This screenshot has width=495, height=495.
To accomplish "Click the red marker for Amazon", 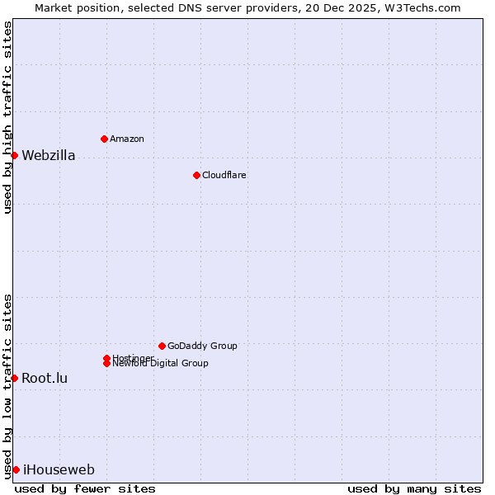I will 104,139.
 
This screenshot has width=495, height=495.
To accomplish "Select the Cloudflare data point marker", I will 196,175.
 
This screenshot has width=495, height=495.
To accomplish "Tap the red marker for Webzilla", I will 14,155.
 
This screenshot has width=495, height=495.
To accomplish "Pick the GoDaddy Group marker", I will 162,346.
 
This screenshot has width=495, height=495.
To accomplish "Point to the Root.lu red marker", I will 14,378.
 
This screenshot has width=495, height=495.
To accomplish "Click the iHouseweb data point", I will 16,469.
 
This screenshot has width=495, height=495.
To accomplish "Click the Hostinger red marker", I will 106,358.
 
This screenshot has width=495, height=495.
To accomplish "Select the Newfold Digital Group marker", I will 106,364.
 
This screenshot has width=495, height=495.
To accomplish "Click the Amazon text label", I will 127,139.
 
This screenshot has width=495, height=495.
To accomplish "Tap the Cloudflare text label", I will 224,175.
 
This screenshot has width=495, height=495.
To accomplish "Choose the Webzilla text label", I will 49,155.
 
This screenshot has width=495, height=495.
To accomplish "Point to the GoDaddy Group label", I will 202,346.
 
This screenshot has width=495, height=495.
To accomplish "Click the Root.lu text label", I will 45,378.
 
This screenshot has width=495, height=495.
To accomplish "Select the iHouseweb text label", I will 59,470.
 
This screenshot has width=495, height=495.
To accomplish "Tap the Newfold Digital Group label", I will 161,364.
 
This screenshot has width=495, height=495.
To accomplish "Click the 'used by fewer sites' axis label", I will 85,489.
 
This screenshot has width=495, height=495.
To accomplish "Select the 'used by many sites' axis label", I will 414,489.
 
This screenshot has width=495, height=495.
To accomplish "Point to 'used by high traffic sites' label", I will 7,117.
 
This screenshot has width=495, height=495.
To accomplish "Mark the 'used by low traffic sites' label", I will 7,386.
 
